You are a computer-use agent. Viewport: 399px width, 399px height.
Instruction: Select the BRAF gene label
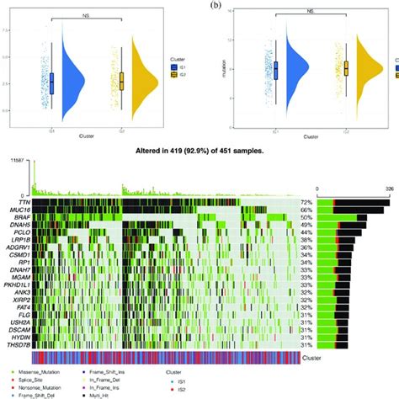pyautogui.click(x=15, y=219)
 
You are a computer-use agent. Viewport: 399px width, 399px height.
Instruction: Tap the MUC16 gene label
pyautogui.click(x=14, y=211)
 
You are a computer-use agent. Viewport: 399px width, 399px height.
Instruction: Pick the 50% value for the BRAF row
pyautogui.click(x=308, y=219)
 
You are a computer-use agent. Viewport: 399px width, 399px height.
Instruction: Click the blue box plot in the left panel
pyautogui.click(x=52, y=82)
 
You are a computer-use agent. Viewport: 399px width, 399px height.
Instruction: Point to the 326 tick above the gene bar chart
pyautogui.click(x=389, y=190)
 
